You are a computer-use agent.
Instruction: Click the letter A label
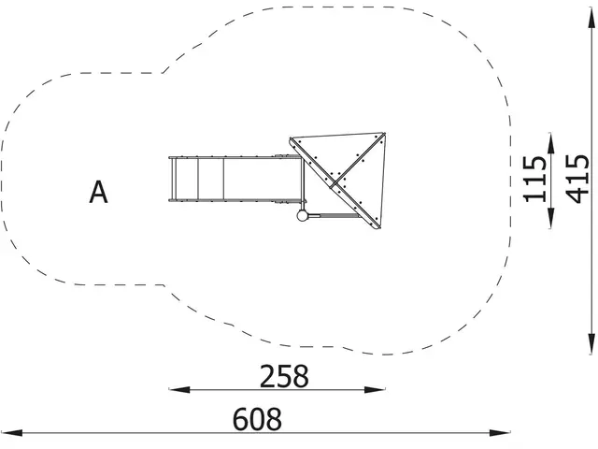click(99, 193)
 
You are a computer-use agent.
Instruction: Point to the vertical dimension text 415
click(577, 178)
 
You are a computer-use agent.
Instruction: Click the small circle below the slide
click(302, 216)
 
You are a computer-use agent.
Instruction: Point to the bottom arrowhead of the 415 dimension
click(591, 351)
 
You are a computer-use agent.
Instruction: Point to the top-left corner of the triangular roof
click(291, 139)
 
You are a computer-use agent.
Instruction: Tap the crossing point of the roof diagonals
click(337, 178)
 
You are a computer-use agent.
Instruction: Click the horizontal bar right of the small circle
click(333, 216)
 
